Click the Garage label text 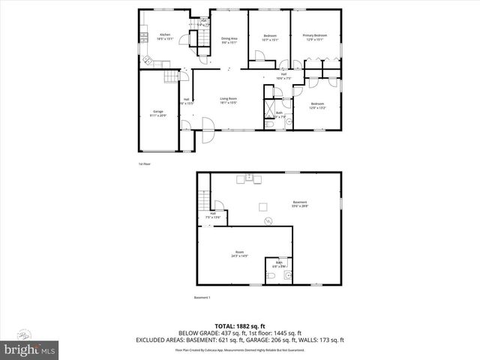(157, 113)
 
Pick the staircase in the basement (202, 200)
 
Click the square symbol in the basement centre (262, 206)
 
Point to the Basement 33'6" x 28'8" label (300, 202)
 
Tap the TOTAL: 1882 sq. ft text (239, 325)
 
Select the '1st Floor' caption (144, 163)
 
